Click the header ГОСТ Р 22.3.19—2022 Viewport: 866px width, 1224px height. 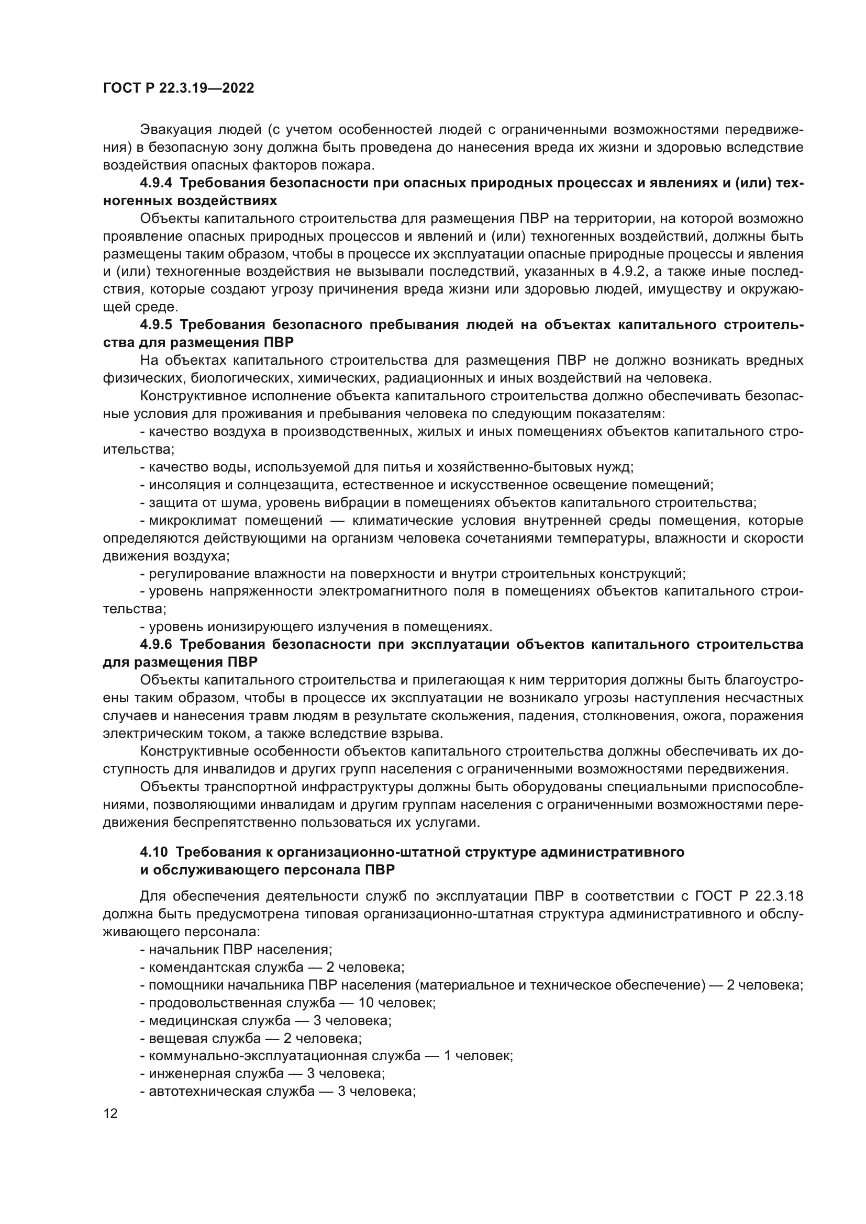[x=178, y=88]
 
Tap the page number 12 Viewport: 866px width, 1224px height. [x=110, y=1113]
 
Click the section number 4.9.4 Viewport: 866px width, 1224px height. [x=156, y=183]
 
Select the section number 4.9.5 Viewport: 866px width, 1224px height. [x=156, y=324]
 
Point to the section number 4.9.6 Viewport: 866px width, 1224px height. [x=156, y=644]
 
